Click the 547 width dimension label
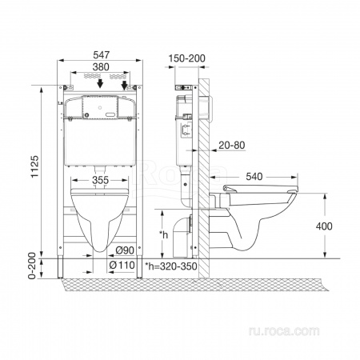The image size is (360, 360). click(101, 55)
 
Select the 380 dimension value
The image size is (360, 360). click(101, 67)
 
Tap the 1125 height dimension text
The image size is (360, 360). click(35, 166)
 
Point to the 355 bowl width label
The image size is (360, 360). click(101, 180)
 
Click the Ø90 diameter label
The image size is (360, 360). click(125, 250)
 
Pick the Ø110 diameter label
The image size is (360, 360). click(122, 265)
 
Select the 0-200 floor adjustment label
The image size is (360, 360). click(32, 266)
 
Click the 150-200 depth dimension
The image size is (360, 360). click(186, 58)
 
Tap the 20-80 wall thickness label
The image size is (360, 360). click(232, 145)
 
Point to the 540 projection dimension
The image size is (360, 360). click(254, 177)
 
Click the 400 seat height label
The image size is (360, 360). click(324, 226)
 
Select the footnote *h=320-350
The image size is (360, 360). click(171, 266)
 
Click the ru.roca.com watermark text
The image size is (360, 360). click(284, 331)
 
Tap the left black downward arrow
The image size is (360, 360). click(100, 83)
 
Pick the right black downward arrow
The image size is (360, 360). click(124, 85)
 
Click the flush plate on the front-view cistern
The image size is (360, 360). click(100, 107)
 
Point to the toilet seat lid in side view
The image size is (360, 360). click(261, 188)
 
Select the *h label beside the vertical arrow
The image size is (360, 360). click(164, 234)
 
